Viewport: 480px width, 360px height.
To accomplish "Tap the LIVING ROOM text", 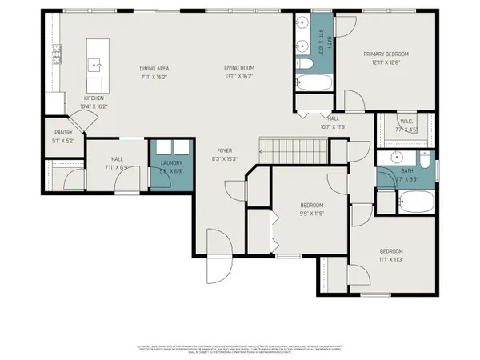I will pos(238,68).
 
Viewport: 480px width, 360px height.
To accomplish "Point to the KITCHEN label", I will pos(95,98).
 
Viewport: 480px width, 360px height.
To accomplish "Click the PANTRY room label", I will pos(64,133).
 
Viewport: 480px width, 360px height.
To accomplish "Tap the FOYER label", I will pos(224,150).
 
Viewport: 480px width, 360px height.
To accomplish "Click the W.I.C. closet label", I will pos(407,122).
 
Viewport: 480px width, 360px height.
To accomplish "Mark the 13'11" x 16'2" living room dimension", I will pos(238,76).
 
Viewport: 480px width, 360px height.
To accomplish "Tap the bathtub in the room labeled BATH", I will pos(406,202).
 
